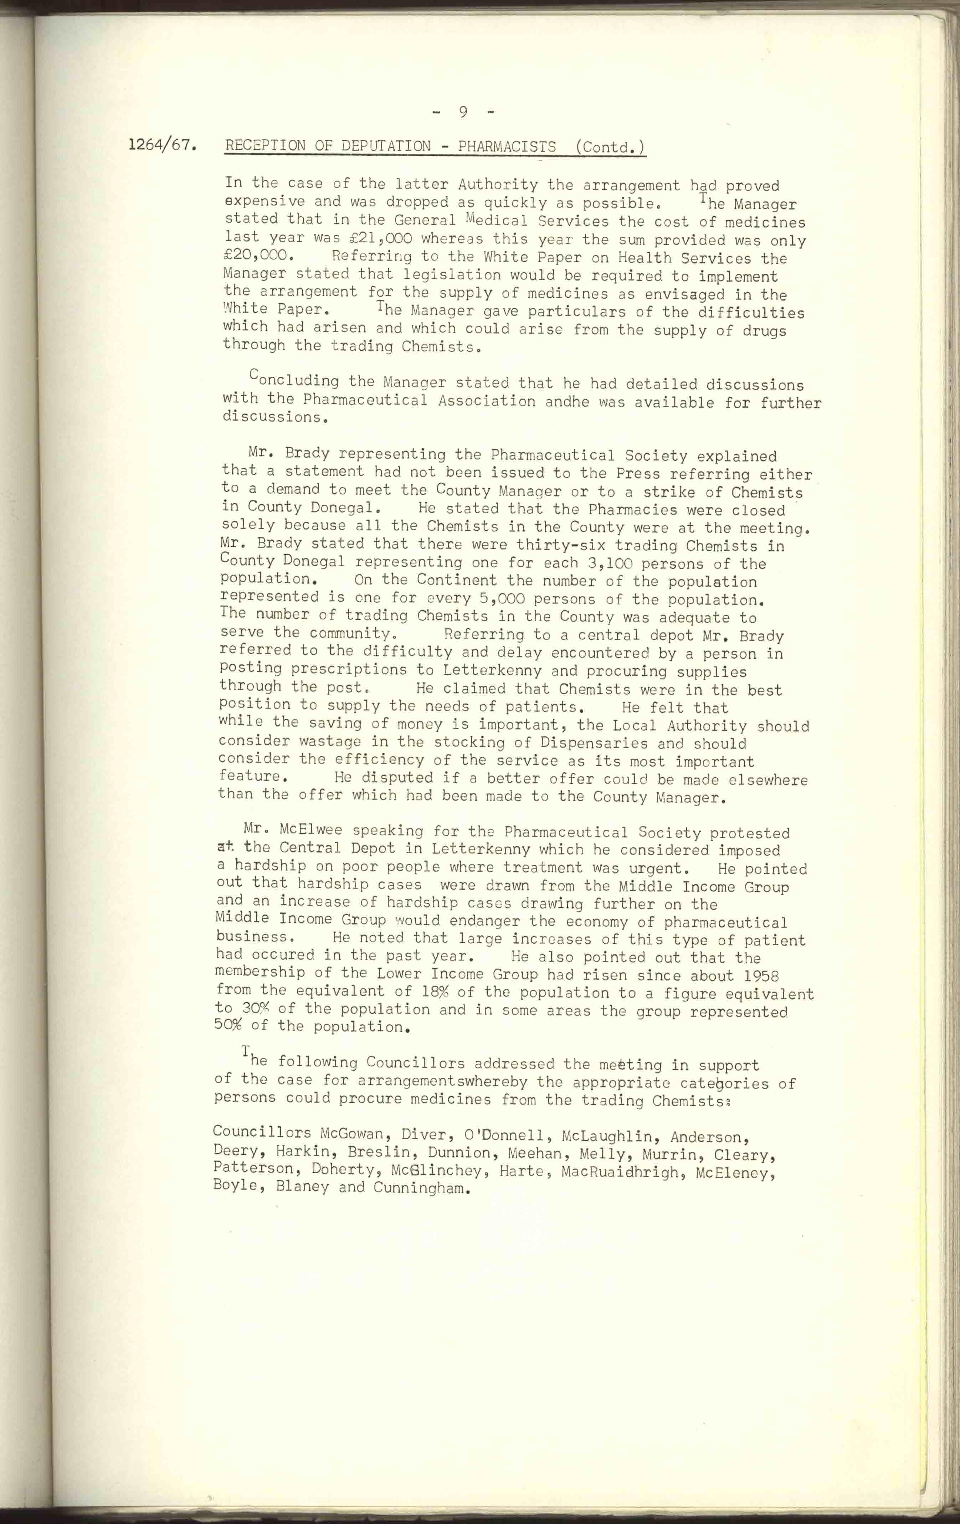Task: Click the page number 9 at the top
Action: [463, 112]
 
